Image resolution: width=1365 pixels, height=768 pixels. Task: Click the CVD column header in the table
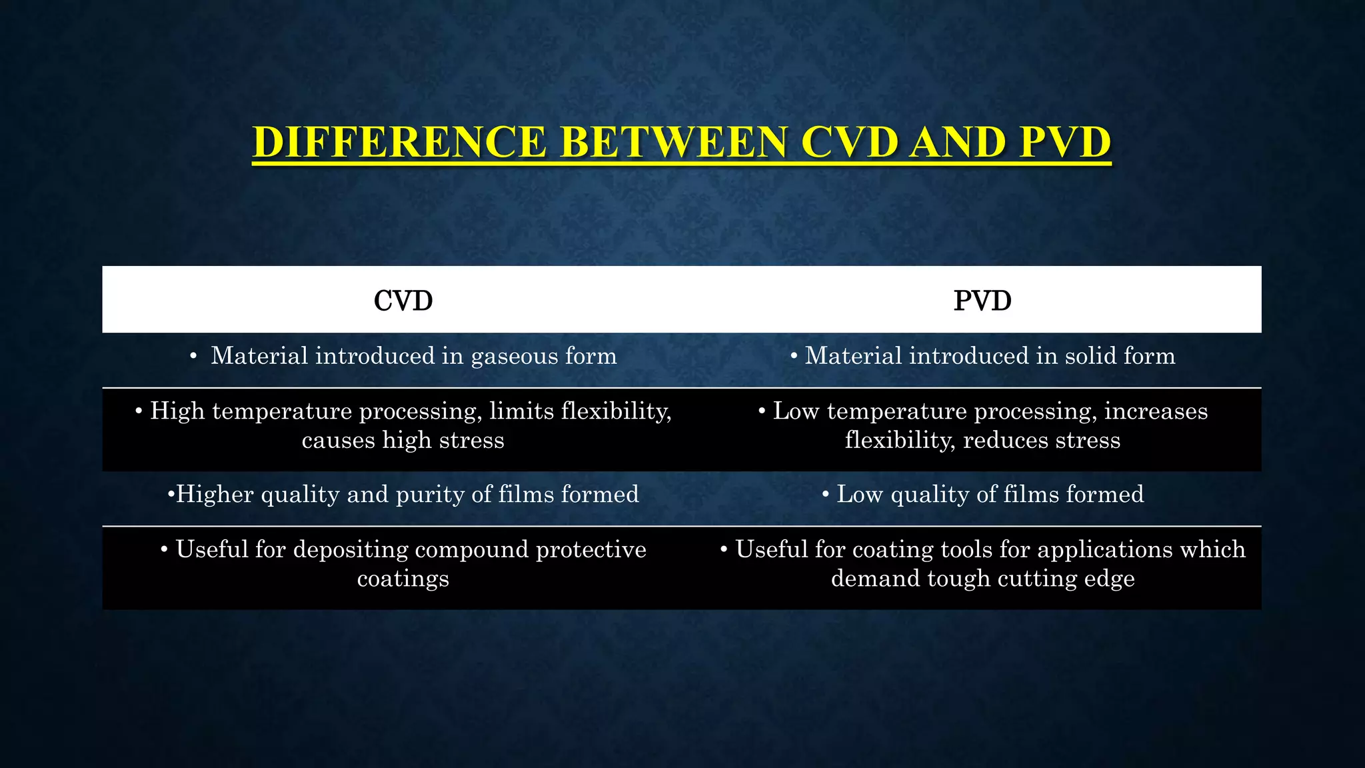tap(403, 301)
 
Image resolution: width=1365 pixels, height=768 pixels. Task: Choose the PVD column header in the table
tap(982, 301)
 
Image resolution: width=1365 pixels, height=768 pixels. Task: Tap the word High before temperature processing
tap(177, 411)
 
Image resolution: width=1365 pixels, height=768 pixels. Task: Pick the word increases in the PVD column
tap(1156, 411)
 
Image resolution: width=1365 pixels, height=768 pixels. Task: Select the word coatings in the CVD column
tap(403, 579)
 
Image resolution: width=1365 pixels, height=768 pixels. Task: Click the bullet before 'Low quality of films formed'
tap(825, 495)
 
